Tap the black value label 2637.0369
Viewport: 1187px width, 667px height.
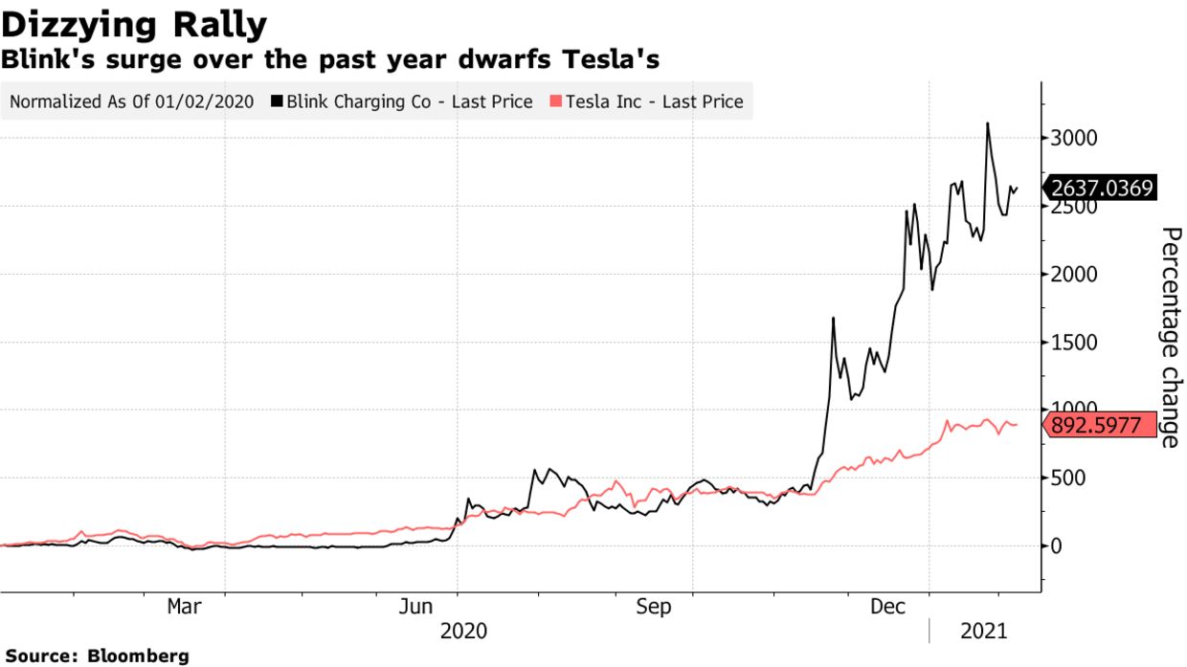[1101, 188]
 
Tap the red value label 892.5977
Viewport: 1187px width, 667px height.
[1096, 426]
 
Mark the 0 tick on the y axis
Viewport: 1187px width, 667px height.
[1055, 546]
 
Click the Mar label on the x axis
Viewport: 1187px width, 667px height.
[184, 607]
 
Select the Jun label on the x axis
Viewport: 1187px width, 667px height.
[417, 607]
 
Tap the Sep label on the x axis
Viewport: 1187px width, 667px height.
[653, 607]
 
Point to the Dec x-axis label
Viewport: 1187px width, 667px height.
[888, 607]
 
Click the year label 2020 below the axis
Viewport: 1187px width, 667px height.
[463, 632]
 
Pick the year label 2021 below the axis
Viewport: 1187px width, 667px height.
[984, 632]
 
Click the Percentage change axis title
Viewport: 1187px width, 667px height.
[1171, 337]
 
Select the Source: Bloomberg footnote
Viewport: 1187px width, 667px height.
[96, 656]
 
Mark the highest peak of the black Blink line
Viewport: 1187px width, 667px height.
[987, 123]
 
